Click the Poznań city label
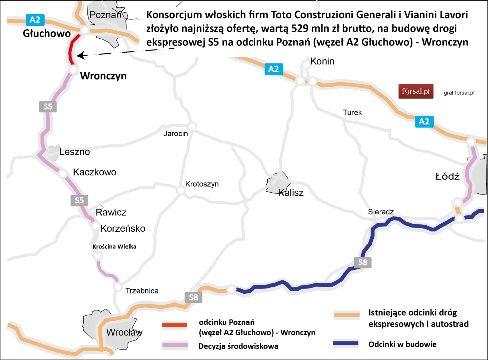(105, 15)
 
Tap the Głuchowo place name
(47, 33)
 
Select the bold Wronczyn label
(103, 76)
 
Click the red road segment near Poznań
(71, 51)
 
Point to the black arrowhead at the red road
(80, 55)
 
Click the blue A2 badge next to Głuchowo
(35, 20)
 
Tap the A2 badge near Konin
(274, 69)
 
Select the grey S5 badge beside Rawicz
(79, 200)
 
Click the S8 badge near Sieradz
(363, 262)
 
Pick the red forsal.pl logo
(416, 91)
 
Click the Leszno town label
(75, 152)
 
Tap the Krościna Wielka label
(114, 247)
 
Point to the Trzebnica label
(142, 291)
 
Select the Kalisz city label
(291, 193)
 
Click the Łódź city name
(448, 176)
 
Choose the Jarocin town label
(176, 133)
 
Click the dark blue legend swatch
(345, 343)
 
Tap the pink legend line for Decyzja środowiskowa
(175, 345)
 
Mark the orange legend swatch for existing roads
(347, 315)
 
